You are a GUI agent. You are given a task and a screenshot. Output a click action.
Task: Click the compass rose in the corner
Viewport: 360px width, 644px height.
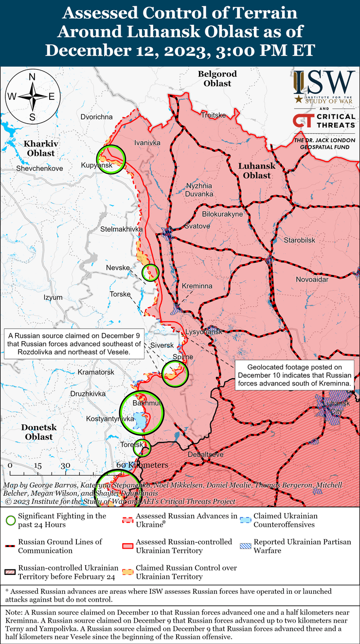click(33, 95)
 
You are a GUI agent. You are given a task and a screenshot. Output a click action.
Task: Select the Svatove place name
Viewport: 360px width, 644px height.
click(197, 226)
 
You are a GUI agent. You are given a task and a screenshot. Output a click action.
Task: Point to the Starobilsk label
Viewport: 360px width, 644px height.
click(300, 240)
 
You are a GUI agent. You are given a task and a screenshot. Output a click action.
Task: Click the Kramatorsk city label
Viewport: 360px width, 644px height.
click(96, 372)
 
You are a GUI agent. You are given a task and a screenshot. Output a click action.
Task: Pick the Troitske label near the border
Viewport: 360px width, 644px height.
click(214, 115)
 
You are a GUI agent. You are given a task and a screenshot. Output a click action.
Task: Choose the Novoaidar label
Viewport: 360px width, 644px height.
click(312, 279)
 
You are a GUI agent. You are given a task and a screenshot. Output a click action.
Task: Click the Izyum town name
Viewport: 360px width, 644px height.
click(53, 297)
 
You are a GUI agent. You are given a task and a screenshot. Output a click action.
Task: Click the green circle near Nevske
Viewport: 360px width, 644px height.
click(150, 272)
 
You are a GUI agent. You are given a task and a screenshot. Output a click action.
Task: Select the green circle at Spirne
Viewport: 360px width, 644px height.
click(175, 373)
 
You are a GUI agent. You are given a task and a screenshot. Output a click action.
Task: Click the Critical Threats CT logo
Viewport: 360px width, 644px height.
click(302, 121)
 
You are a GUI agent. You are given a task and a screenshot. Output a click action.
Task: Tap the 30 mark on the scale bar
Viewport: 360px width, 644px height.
click(66, 465)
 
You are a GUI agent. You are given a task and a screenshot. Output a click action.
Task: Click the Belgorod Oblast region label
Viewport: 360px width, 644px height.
click(217, 78)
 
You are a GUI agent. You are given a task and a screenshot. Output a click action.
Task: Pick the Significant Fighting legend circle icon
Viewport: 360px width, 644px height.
click(10, 520)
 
